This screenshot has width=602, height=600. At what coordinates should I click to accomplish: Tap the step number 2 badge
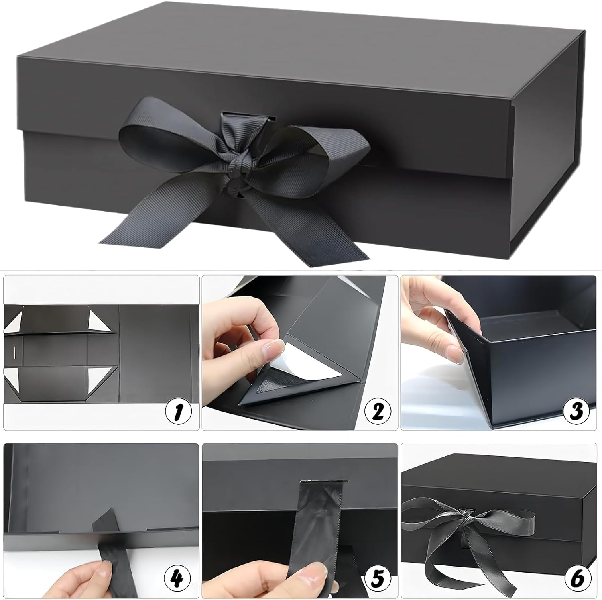point(378,411)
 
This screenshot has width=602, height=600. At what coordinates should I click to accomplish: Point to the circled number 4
point(178,578)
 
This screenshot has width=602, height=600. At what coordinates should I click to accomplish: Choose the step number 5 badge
point(378,578)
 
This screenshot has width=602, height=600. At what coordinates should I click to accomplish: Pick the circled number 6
point(576,578)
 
